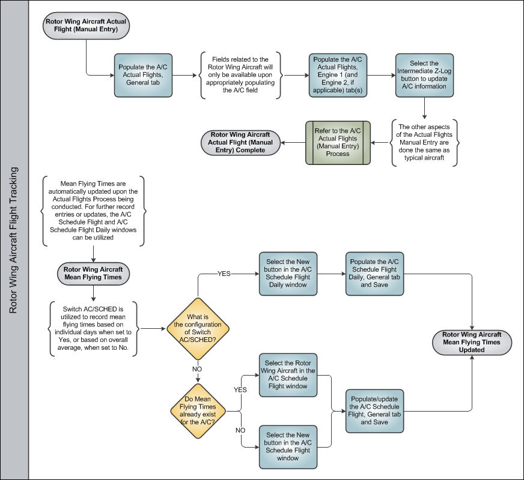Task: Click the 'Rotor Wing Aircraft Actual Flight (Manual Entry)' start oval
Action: (86, 25)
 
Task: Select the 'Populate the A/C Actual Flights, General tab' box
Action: (143, 76)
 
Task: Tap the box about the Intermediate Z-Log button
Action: (424, 76)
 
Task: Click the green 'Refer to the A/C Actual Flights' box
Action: (338, 143)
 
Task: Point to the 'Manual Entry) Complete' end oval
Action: (240, 143)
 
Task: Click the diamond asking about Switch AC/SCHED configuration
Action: (198, 329)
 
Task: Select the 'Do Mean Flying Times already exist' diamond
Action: (198, 410)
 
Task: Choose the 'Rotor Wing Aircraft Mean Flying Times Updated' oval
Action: (472, 343)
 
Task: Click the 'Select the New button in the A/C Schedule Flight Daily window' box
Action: (288, 274)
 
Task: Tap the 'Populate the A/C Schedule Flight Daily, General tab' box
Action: (374, 274)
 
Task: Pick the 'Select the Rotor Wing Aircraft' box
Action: (288, 375)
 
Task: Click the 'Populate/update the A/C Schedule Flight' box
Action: (374, 411)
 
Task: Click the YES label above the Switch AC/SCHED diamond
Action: (224, 274)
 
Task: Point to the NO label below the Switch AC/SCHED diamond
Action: (197, 369)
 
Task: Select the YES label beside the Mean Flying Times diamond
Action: (240, 389)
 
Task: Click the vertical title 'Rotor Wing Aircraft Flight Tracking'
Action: (13, 240)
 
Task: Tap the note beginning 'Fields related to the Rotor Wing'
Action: (240, 75)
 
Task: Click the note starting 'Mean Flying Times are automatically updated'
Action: (93, 211)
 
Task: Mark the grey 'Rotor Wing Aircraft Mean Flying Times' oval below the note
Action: (93, 274)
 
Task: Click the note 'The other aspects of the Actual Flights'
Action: (424, 142)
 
